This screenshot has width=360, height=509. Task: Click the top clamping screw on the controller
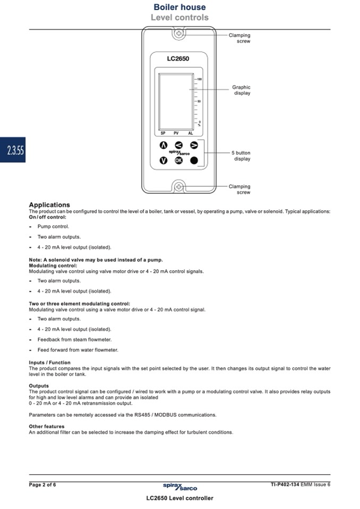coord(179,35)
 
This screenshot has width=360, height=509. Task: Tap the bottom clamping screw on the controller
coord(179,186)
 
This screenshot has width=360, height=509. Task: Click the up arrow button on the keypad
coord(164,145)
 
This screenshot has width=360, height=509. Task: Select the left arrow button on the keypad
coord(179,145)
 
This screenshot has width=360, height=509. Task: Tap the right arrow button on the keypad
coord(194,145)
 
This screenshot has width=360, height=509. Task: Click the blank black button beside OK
coord(194,160)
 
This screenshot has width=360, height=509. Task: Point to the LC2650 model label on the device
coord(178,59)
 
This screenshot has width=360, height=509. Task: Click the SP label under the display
coord(164,133)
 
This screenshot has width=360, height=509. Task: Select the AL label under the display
coord(190,133)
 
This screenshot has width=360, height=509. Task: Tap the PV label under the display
coord(176,133)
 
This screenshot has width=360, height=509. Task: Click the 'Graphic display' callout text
coord(241,90)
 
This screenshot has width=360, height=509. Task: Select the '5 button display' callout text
coord(241,156)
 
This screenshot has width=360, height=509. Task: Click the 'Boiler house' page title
coord(179,7)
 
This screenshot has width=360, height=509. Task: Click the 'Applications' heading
coord(49,205)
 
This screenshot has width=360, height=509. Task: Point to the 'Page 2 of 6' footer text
coord(42,485)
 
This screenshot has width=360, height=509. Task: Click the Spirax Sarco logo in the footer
coord(179,486)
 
